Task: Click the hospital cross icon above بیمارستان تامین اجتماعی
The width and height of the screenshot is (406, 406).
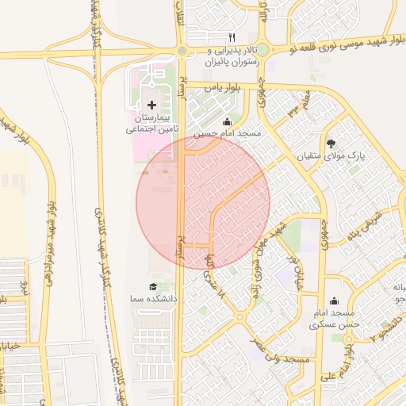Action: click(x=151, y=105)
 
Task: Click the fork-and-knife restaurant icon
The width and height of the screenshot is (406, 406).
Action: click(x=232, y=36)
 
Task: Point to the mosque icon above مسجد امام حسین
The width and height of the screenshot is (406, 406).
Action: click(x=228, y=121)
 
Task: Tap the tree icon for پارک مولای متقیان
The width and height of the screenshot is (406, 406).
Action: click(x=331, y=144)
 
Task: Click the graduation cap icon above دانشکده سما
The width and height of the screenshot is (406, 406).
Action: click(x=152, y=286)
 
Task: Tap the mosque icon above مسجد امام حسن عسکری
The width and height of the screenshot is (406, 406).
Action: click(x=334, y=301)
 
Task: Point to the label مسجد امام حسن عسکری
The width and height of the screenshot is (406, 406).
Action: click(x=335, y=318)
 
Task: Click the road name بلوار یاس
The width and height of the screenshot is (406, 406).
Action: click(x=223, y=88)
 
